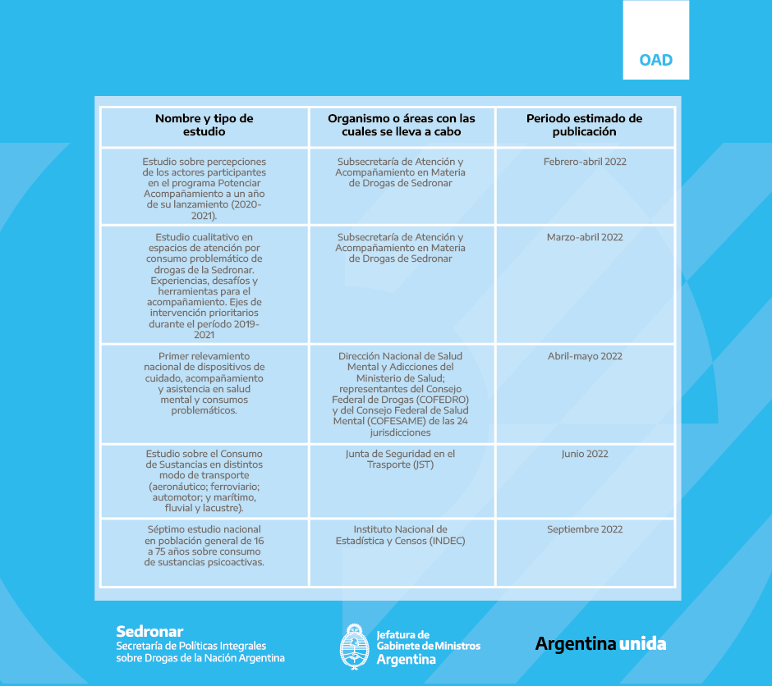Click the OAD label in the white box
[655, 60]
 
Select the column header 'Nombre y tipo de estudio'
[204, 125]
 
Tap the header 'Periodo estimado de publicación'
[584, 125]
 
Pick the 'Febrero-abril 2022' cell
[585, 162]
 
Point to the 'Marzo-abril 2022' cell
[585, 237]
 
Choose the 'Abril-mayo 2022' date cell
[585, 356]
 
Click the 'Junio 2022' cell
[585, 454]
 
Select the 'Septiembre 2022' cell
[585, 529]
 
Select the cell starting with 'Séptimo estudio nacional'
[204, 546]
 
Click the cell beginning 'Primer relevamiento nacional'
[204, 383]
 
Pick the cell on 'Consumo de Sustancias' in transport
[204, 481]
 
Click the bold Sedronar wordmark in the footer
[149, 631]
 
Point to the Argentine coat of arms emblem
[353, 646]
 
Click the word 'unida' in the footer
[642, 643]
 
